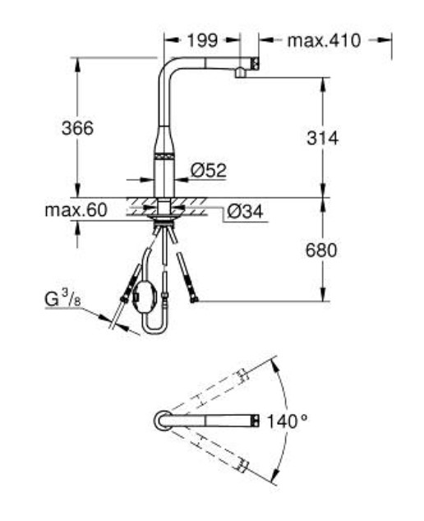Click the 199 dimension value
tap(202, 40)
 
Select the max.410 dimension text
tap(324, 40)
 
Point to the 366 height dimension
tap(78, 128)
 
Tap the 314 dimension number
tap(322, 137)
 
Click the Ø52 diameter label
tap(209, 170)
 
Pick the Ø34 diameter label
tap(246, 211)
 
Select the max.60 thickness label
tap(76, 210)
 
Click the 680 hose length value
tap(321, 250)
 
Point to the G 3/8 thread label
tap(62, 298)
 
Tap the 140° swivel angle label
tap(287, 422)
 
